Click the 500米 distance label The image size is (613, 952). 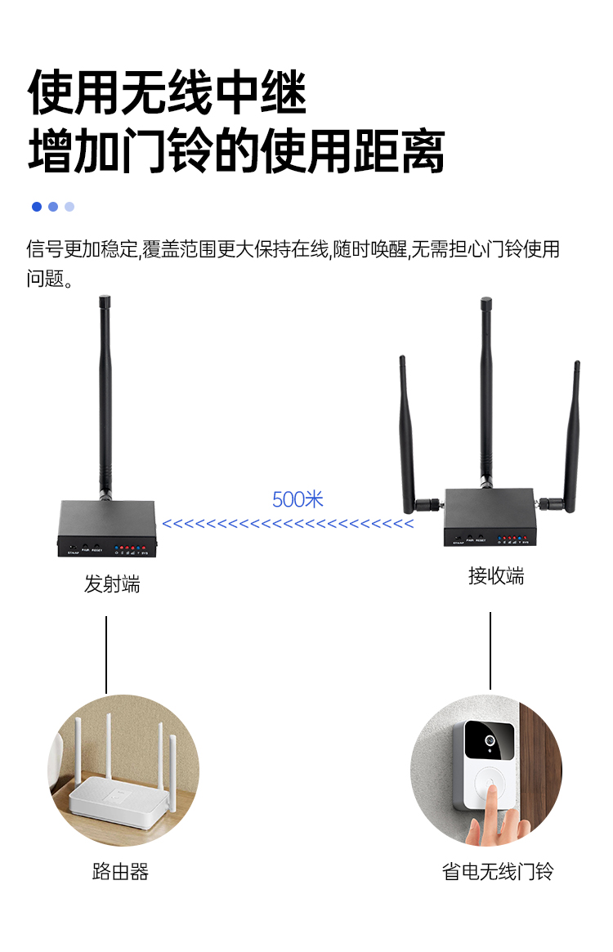point(298,499)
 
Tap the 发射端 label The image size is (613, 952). point(112,584)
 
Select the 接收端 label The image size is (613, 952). point(496,576)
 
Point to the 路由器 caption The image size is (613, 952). point(120,872)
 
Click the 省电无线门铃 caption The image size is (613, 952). point(498,872)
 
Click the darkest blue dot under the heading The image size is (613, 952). point(37,207)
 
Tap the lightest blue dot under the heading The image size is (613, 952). point(69,207)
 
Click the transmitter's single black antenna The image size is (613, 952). point(105,392)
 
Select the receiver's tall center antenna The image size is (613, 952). point(485,392)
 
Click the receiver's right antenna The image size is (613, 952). point(572,433)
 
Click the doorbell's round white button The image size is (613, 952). point(490,789)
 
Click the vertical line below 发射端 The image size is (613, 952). point(106,654)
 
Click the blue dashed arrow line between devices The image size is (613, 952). point(288,524)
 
